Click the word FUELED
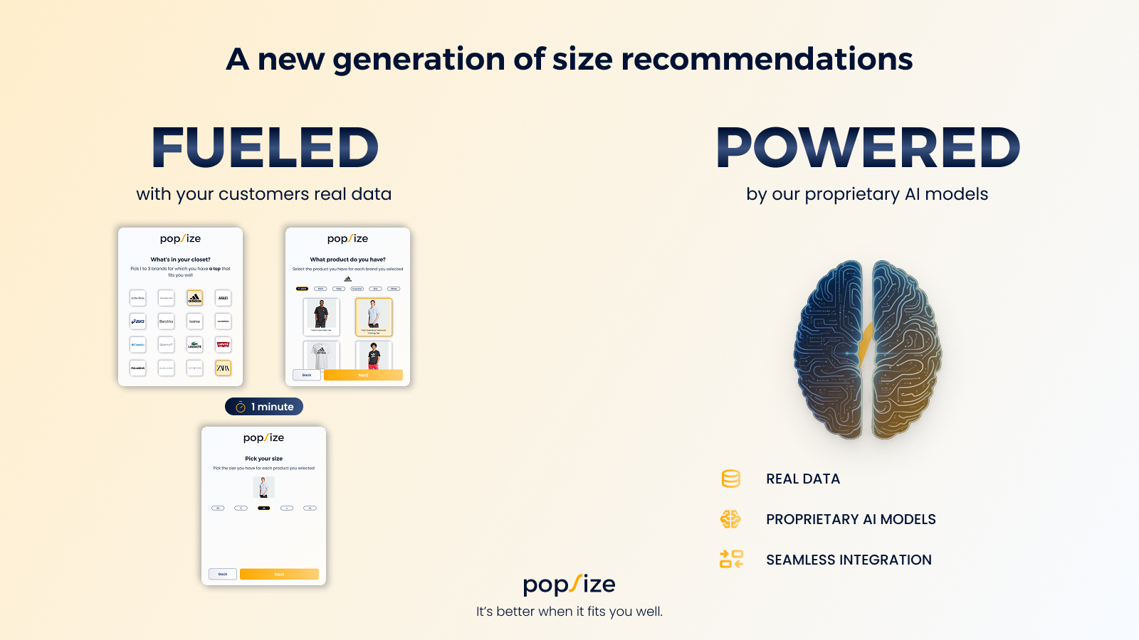[265, 148]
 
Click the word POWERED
[868, 148]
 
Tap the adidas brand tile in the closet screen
[194, 298]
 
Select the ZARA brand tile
[223, 368]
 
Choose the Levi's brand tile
[223, 345]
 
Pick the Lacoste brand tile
[194, 345]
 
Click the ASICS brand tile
[138, 321]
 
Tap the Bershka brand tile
[166, 321]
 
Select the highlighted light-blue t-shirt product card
[373, 316]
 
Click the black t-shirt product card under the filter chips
[321, 316]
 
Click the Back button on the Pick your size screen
[223, 574]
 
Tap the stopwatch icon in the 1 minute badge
[241, 407]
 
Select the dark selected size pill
[264, 508]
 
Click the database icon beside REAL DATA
[730, 479]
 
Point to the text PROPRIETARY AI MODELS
[851, 519]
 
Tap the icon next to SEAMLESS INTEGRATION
[731, 560]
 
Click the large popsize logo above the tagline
[569, 585]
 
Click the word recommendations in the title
[767, 59]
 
